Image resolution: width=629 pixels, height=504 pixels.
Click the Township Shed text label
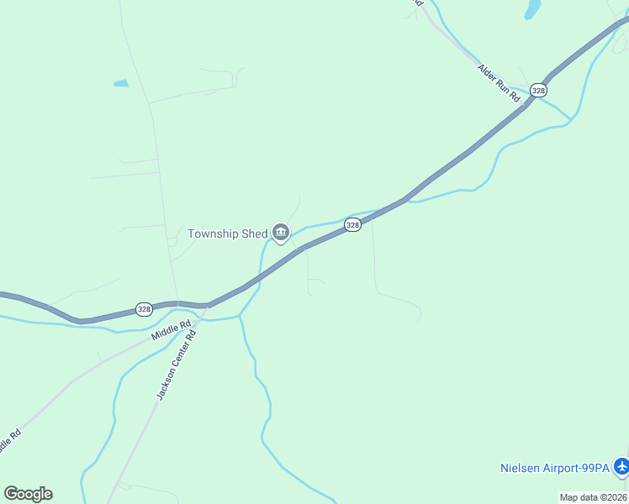[227, 234]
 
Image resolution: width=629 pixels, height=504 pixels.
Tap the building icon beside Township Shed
[280, 233]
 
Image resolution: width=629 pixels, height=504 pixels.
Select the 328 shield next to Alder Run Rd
[539, 90]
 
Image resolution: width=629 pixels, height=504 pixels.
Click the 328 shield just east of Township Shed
[353, 225]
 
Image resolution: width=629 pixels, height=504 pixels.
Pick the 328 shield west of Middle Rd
[145, 309]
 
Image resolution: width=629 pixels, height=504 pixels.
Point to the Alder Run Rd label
[499, 84]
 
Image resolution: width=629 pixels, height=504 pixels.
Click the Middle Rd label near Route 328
[172, 327]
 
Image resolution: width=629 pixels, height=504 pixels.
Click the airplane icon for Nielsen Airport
[621, 466]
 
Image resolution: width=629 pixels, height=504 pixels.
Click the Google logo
[28, 494]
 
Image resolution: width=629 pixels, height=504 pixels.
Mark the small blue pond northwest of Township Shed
[121, 84]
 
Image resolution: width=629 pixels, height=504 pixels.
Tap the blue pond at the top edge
[531, 9]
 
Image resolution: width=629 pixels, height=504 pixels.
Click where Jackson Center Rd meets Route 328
[204, 306]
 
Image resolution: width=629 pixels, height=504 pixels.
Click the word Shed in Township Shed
[254, 234]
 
